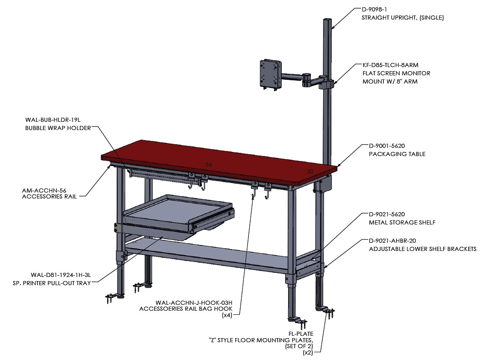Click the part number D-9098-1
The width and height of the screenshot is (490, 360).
(x=374, y=10)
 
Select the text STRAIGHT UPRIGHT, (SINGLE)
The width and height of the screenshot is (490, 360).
(x=402, y=18)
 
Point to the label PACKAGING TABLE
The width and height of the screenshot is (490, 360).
(x=397, y=154)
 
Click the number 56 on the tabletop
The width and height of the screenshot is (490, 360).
(x=209, y=164)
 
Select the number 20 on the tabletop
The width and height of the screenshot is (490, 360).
(x=309, y=172)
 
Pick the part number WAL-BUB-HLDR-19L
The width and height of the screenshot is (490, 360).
(x=53, y=120)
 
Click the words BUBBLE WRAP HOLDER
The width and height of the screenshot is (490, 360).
(x=58, y=128)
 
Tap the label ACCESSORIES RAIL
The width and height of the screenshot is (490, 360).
(x=49, y=196)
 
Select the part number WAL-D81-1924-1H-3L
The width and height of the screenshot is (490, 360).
(x=61, y=275)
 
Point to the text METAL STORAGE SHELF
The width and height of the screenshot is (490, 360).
(x=402, y=222)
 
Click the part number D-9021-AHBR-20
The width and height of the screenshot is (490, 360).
(x=392, y=241)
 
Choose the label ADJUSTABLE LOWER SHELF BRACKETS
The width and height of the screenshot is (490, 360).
(x=423, y=249)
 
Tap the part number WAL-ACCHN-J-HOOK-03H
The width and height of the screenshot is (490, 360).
(x=194, y=303)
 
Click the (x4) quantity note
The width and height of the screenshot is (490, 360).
(x=227, y=315)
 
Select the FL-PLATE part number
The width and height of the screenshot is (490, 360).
(x=301, y=334)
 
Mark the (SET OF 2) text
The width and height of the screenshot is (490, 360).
(x=299, y=346)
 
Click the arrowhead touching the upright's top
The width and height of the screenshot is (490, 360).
(x=333, y=27)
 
